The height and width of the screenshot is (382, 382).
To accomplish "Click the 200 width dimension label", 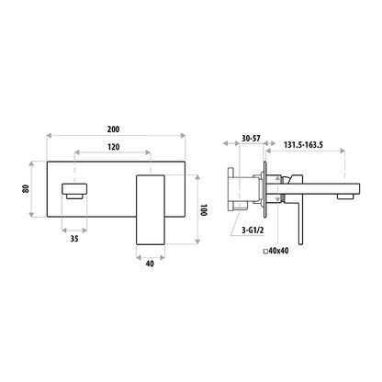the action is pos(113,129).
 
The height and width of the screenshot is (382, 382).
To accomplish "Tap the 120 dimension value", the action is pos(113,147).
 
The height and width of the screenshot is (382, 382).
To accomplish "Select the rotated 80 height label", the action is pos(26,188).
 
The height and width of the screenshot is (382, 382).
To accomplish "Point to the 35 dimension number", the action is pos(74,239).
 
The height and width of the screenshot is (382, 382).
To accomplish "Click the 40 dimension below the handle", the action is pos(150,264).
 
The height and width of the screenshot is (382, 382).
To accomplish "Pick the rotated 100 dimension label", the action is pos(204,210).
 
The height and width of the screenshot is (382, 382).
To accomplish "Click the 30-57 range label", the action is pos(251,139).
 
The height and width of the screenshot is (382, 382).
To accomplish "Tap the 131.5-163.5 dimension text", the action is pos(303,145).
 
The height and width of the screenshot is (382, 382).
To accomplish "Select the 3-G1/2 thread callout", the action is pos(253,230).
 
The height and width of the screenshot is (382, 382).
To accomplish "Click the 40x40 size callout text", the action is pos(278,251).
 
